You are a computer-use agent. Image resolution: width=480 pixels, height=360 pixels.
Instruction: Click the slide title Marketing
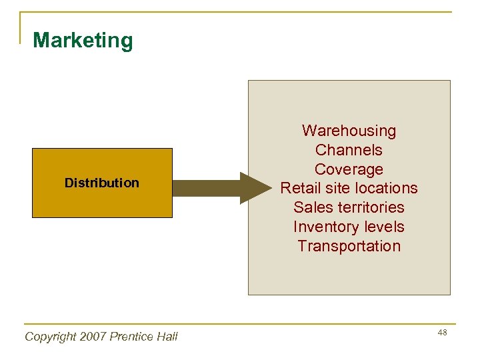[83, 41]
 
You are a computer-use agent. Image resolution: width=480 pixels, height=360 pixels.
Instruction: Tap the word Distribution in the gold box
[102, 183]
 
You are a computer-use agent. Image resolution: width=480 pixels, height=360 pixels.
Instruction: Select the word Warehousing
[349, 131]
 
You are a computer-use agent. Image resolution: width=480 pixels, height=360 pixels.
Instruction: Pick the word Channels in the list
[349, 150]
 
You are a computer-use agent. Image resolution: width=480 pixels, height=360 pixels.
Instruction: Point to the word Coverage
[349, 169]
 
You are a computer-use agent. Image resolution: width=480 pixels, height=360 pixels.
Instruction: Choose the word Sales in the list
[313, 207]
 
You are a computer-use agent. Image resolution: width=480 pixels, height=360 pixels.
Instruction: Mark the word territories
[370, 207]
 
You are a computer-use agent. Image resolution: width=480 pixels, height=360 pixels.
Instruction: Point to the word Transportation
[349, 246]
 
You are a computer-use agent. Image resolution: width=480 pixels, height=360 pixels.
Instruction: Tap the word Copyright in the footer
[50, 337]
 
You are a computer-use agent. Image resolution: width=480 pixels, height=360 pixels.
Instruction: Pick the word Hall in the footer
[167, 337]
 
